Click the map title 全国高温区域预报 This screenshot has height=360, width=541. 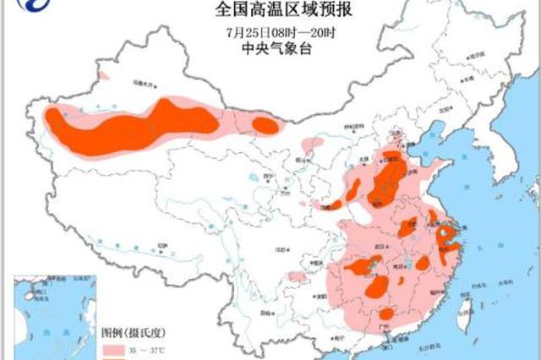[x=270, y=10]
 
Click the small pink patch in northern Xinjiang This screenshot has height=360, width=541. [x=103, y=75]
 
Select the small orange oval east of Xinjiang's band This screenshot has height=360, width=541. [x=265, y=125]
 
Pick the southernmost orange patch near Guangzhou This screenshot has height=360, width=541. [x=386, y=314]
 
